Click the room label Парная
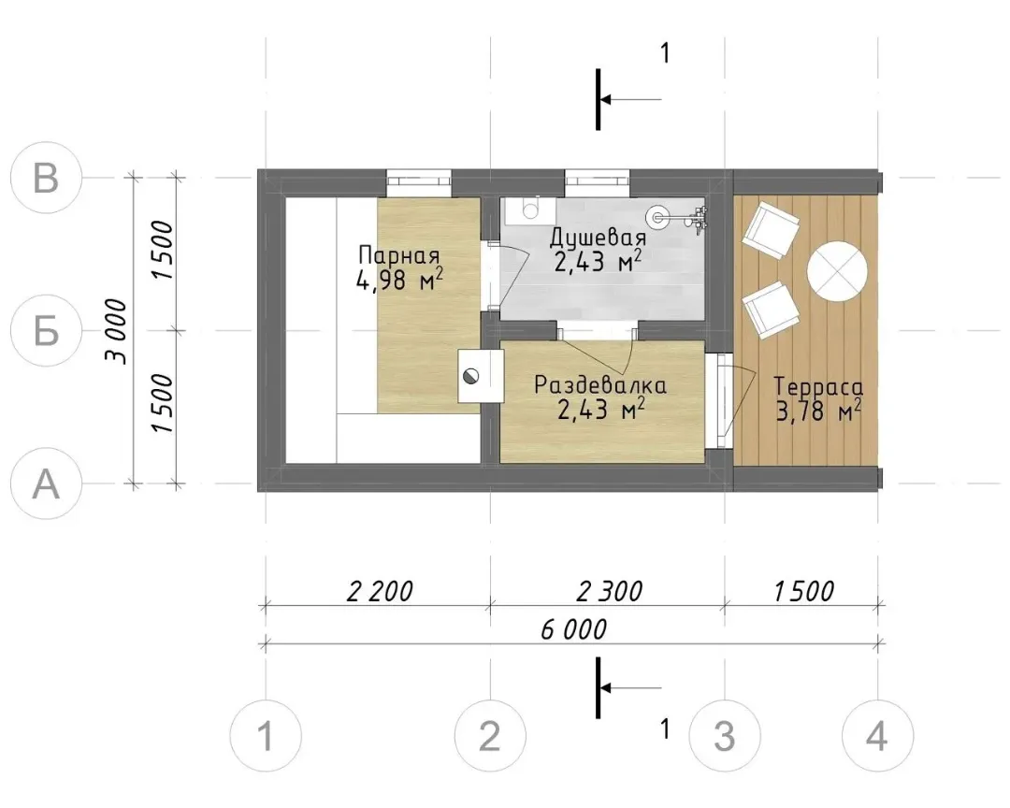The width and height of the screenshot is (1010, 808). [398, 256]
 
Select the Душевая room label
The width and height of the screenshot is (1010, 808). [598, 238]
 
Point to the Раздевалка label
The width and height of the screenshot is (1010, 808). [600, 385]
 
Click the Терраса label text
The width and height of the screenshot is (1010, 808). [818, 386]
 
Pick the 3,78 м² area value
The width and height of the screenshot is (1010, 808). [818, 411]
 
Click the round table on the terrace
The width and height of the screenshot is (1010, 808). [837, 270]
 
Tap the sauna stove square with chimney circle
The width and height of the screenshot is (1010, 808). [480, 376]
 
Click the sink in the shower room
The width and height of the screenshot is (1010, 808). [529, 210]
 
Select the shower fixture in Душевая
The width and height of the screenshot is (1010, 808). [680, 218]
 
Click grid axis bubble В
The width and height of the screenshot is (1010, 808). [47, 177]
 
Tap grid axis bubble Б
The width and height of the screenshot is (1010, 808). [47, 330]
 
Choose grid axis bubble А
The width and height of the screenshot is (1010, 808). [47, 483]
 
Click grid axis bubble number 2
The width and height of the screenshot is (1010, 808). [490, 735]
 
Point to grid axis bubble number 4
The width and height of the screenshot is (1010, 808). [877, 735]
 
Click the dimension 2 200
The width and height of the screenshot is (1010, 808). [380, 591]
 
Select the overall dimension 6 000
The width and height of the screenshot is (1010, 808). [573, 629]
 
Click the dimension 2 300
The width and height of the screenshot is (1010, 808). [610, 591]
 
